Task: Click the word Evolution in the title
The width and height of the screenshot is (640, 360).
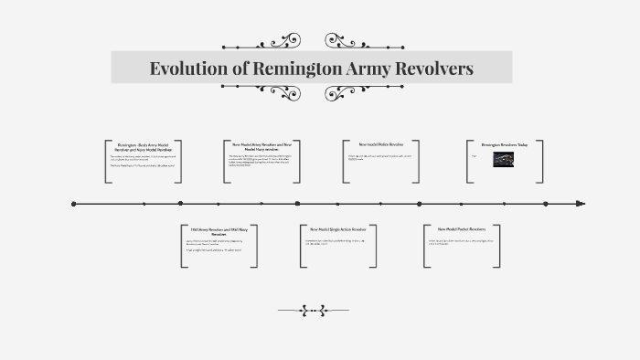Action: (x=187, y=69)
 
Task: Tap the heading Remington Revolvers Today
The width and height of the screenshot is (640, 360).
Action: (x=505, y=144)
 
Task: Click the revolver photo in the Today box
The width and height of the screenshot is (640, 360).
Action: (x=504, y=159)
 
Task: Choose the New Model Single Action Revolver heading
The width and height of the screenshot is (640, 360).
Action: (x=337, y=229)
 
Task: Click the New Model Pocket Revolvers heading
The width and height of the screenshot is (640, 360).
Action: (x=461, y=229)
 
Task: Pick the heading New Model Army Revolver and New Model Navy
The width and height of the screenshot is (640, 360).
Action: (x=261, y=146)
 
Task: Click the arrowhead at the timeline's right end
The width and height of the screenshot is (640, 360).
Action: (x=581, y=204)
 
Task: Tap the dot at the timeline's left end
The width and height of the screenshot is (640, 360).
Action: (x=73, y=204)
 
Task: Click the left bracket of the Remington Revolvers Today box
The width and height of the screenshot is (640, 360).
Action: (x=468, y=162)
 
